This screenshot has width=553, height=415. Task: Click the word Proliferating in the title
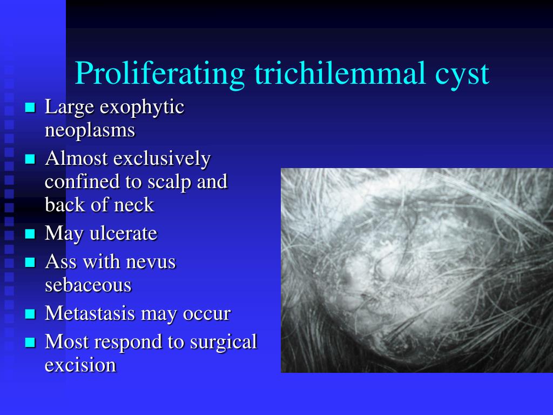pos(160,73)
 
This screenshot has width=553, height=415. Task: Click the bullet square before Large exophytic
pos(30,108)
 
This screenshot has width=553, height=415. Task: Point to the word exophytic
pos(142,108)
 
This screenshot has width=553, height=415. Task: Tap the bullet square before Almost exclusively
pos(30,159)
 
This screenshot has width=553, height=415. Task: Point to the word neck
pos(138,204)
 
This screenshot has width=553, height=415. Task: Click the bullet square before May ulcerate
pos(30,233)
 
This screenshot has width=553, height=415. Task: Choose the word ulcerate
pos(124,233)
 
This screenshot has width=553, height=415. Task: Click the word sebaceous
pos(88,285)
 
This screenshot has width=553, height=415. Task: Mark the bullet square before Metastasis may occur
pos(30,314)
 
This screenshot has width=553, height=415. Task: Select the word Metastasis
pos(90,313)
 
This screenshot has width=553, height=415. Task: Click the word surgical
pos(224,343)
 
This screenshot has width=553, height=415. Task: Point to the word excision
pos(80,365)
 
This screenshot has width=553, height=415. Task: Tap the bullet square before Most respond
pos(30,342)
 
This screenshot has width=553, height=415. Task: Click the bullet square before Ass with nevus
pos(30,262)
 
